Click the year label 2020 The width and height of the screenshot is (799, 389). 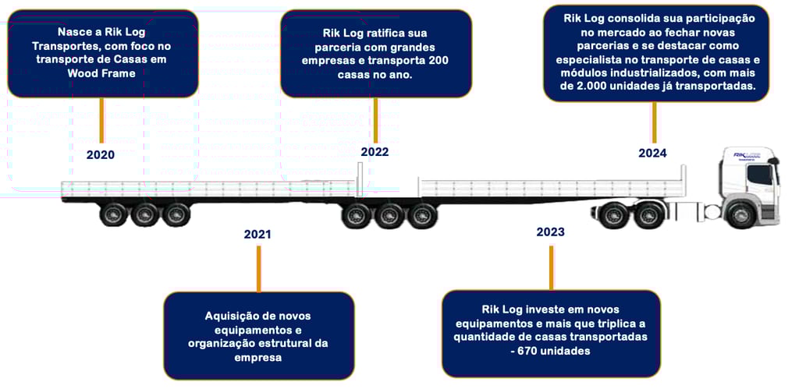point(100,154)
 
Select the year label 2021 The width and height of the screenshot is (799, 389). point(257,234)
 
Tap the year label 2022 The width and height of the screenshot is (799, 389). point(375,152)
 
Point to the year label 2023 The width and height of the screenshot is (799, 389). point(550,232)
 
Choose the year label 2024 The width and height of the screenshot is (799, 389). point(652,153)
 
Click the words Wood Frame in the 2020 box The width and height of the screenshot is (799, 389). point(101,73)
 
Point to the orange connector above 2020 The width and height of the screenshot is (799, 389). point(101,120)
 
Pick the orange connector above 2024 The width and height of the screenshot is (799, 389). point(653,121)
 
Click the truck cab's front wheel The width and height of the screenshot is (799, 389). point(739,214)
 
